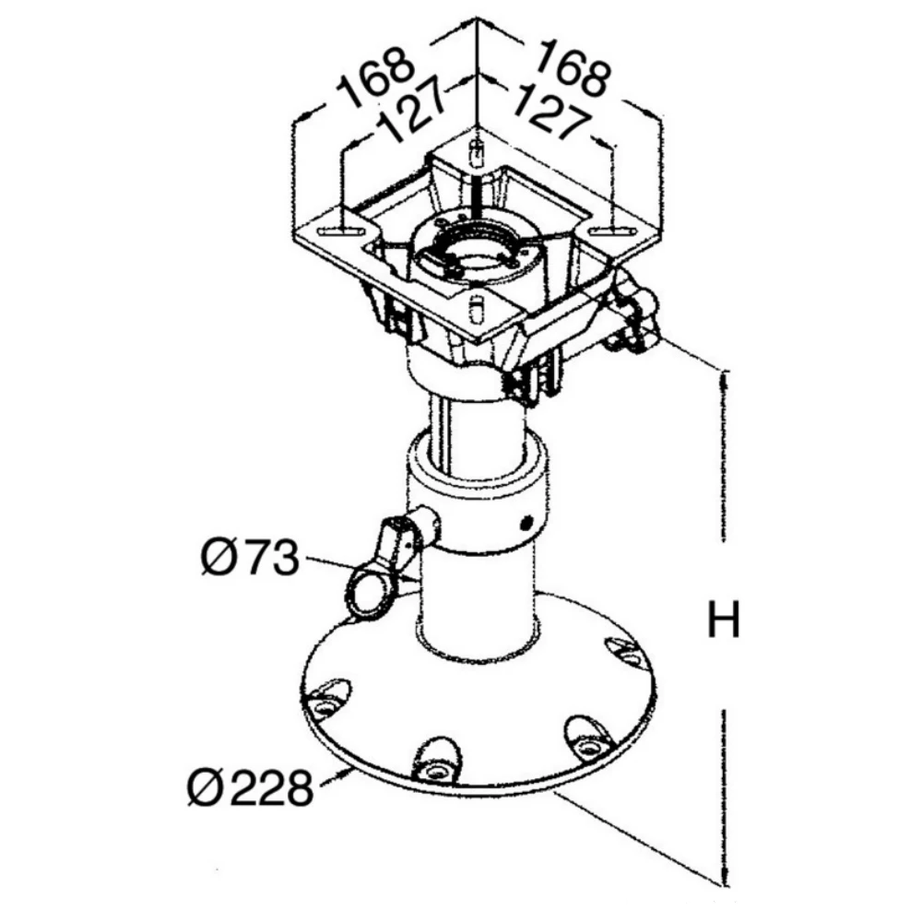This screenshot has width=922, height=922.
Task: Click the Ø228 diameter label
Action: [x=249, y=788]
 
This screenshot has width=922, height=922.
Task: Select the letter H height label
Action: [x=723, y=621]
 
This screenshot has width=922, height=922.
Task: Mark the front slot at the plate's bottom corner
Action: [x=476, y=307]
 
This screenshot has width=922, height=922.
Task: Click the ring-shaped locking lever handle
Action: [x=369, y=590]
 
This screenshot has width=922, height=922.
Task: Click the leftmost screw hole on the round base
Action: [x=325, y=707]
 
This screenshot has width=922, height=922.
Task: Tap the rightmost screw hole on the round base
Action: [x=630, y=656]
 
